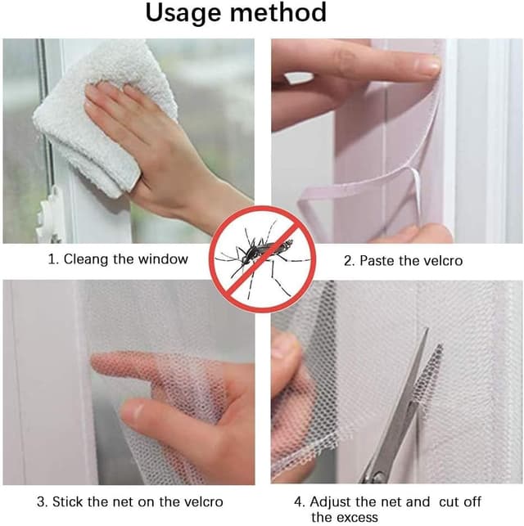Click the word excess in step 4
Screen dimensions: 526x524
pos(357,517)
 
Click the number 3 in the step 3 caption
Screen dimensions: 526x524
pos(40,501)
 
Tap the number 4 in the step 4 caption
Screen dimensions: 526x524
pos(299,501)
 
